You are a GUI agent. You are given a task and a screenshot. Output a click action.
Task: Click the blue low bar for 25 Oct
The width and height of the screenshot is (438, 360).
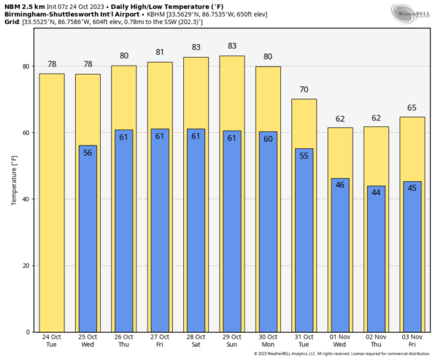click(88, 241)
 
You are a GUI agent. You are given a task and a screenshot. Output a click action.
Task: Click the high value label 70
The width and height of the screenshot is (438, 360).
click(304, 90)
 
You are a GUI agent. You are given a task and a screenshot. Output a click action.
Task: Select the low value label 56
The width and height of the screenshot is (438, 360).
click(88, 153)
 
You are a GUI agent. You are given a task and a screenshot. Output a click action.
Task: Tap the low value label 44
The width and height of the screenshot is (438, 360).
click(376, 193)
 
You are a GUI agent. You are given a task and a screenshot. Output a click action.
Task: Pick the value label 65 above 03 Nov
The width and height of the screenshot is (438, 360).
click(412, 107)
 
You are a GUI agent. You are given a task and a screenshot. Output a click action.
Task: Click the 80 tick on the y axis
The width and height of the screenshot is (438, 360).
click(26, 66)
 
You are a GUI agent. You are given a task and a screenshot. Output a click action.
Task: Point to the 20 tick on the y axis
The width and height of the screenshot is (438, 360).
click(26, 266)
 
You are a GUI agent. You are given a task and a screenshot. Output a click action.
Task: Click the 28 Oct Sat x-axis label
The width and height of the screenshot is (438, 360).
click(196, 342)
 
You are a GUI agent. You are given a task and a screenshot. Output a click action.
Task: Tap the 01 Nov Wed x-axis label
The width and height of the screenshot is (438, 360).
click(340, 342)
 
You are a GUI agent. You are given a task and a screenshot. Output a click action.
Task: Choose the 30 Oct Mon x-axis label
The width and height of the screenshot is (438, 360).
click(268, 342)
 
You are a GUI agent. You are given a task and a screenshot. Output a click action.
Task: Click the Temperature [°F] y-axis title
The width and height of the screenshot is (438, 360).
click(14, 179)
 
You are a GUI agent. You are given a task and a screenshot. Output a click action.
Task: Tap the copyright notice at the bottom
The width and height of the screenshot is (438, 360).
click(344, 354)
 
